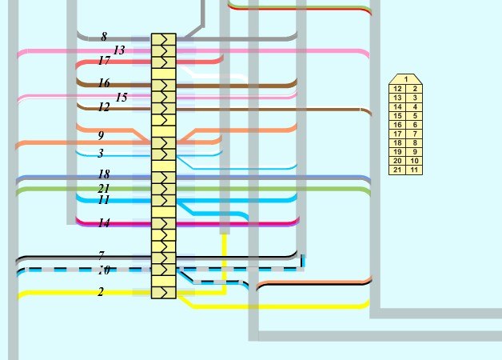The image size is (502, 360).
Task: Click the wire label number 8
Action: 104,37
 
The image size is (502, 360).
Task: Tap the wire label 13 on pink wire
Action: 119,50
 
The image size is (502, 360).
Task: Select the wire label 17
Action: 105,60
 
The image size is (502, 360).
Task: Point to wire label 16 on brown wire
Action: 105,83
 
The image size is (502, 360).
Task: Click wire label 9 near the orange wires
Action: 102,135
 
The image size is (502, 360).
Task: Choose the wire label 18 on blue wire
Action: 104,174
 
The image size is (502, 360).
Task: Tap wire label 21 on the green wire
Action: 104,188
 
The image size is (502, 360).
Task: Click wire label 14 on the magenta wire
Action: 105,222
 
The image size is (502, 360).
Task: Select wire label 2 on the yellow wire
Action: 101,291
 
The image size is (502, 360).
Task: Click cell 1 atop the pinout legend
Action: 405,78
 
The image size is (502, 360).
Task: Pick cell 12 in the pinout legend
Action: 397,89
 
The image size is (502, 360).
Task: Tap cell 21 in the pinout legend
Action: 397,170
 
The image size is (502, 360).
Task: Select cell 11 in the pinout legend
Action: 414,170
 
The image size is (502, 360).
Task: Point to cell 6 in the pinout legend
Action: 414,125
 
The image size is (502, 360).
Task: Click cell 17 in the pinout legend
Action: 397,134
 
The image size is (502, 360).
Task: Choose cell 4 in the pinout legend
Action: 414,106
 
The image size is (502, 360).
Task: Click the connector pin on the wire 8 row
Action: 164,39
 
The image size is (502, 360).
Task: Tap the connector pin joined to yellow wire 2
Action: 164,293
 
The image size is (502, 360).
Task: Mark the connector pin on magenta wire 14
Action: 164,223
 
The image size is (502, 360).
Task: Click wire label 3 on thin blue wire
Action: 101,153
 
